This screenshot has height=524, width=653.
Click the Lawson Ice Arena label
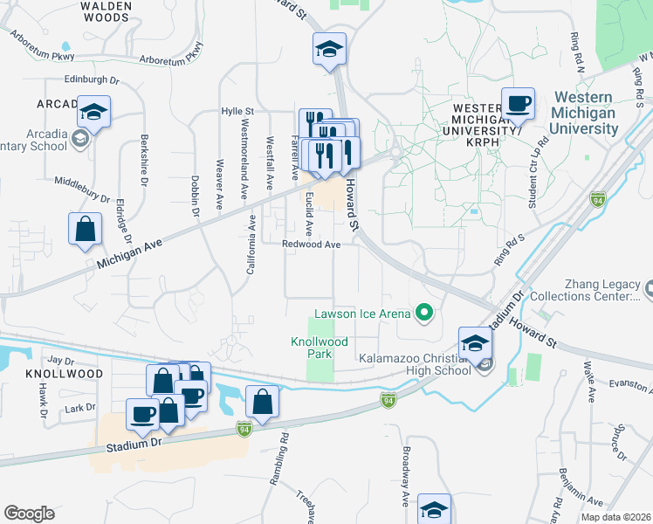[x=363, y=314]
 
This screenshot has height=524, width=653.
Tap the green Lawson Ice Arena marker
[x=425, y=312]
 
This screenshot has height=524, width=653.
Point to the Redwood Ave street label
[x=311, y=245]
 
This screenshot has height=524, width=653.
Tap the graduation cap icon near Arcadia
[x=93, y=113]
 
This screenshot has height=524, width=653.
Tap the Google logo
[x=29, y=513]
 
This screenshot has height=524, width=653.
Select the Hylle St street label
[x=237, y=112]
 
